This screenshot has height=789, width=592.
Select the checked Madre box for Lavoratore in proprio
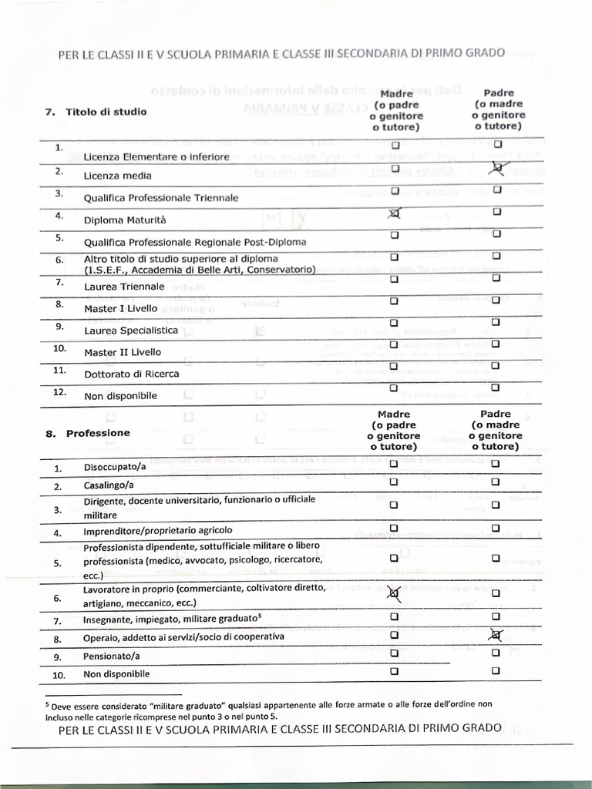(x=394, y=593)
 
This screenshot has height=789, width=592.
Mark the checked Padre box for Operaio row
(x=496, y=634)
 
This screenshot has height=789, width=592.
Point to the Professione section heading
(x=98, y=433)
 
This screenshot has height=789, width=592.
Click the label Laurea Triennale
(x=124, y=287)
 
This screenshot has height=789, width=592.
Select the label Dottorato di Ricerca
(x=131, y=374)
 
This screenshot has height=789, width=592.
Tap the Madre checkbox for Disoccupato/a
(x=394, y=464)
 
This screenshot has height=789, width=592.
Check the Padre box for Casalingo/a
(x=496, y=482)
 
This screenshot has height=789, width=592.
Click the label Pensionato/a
(x=112, y=657)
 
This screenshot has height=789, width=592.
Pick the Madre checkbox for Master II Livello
(x=395, y=344)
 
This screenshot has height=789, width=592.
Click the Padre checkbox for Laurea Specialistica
(x=496, y=322)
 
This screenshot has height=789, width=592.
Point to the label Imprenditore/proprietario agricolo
(x=157, y=531)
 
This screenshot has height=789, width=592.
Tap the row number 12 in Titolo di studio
(x=59, y=392)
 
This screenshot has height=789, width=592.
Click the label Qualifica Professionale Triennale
(x=160, y=198)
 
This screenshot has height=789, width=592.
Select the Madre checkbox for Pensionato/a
(x=394, y=654)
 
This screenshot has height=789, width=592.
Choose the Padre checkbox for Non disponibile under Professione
(x=496, y=670)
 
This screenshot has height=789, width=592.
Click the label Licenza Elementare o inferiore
(x=156, y=157)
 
